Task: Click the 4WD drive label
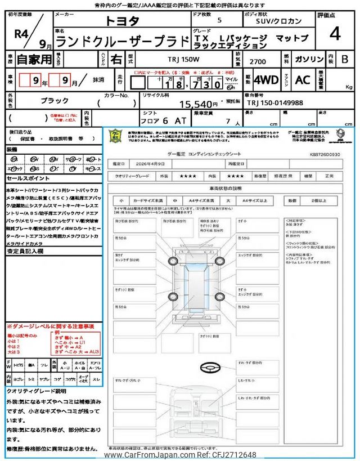(x=265, y=79)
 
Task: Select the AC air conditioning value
(x=303, y=79)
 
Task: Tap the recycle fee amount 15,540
(x=198, y=104)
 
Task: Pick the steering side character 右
(x=115, y=59)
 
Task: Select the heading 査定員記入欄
(x=24, y=251)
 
